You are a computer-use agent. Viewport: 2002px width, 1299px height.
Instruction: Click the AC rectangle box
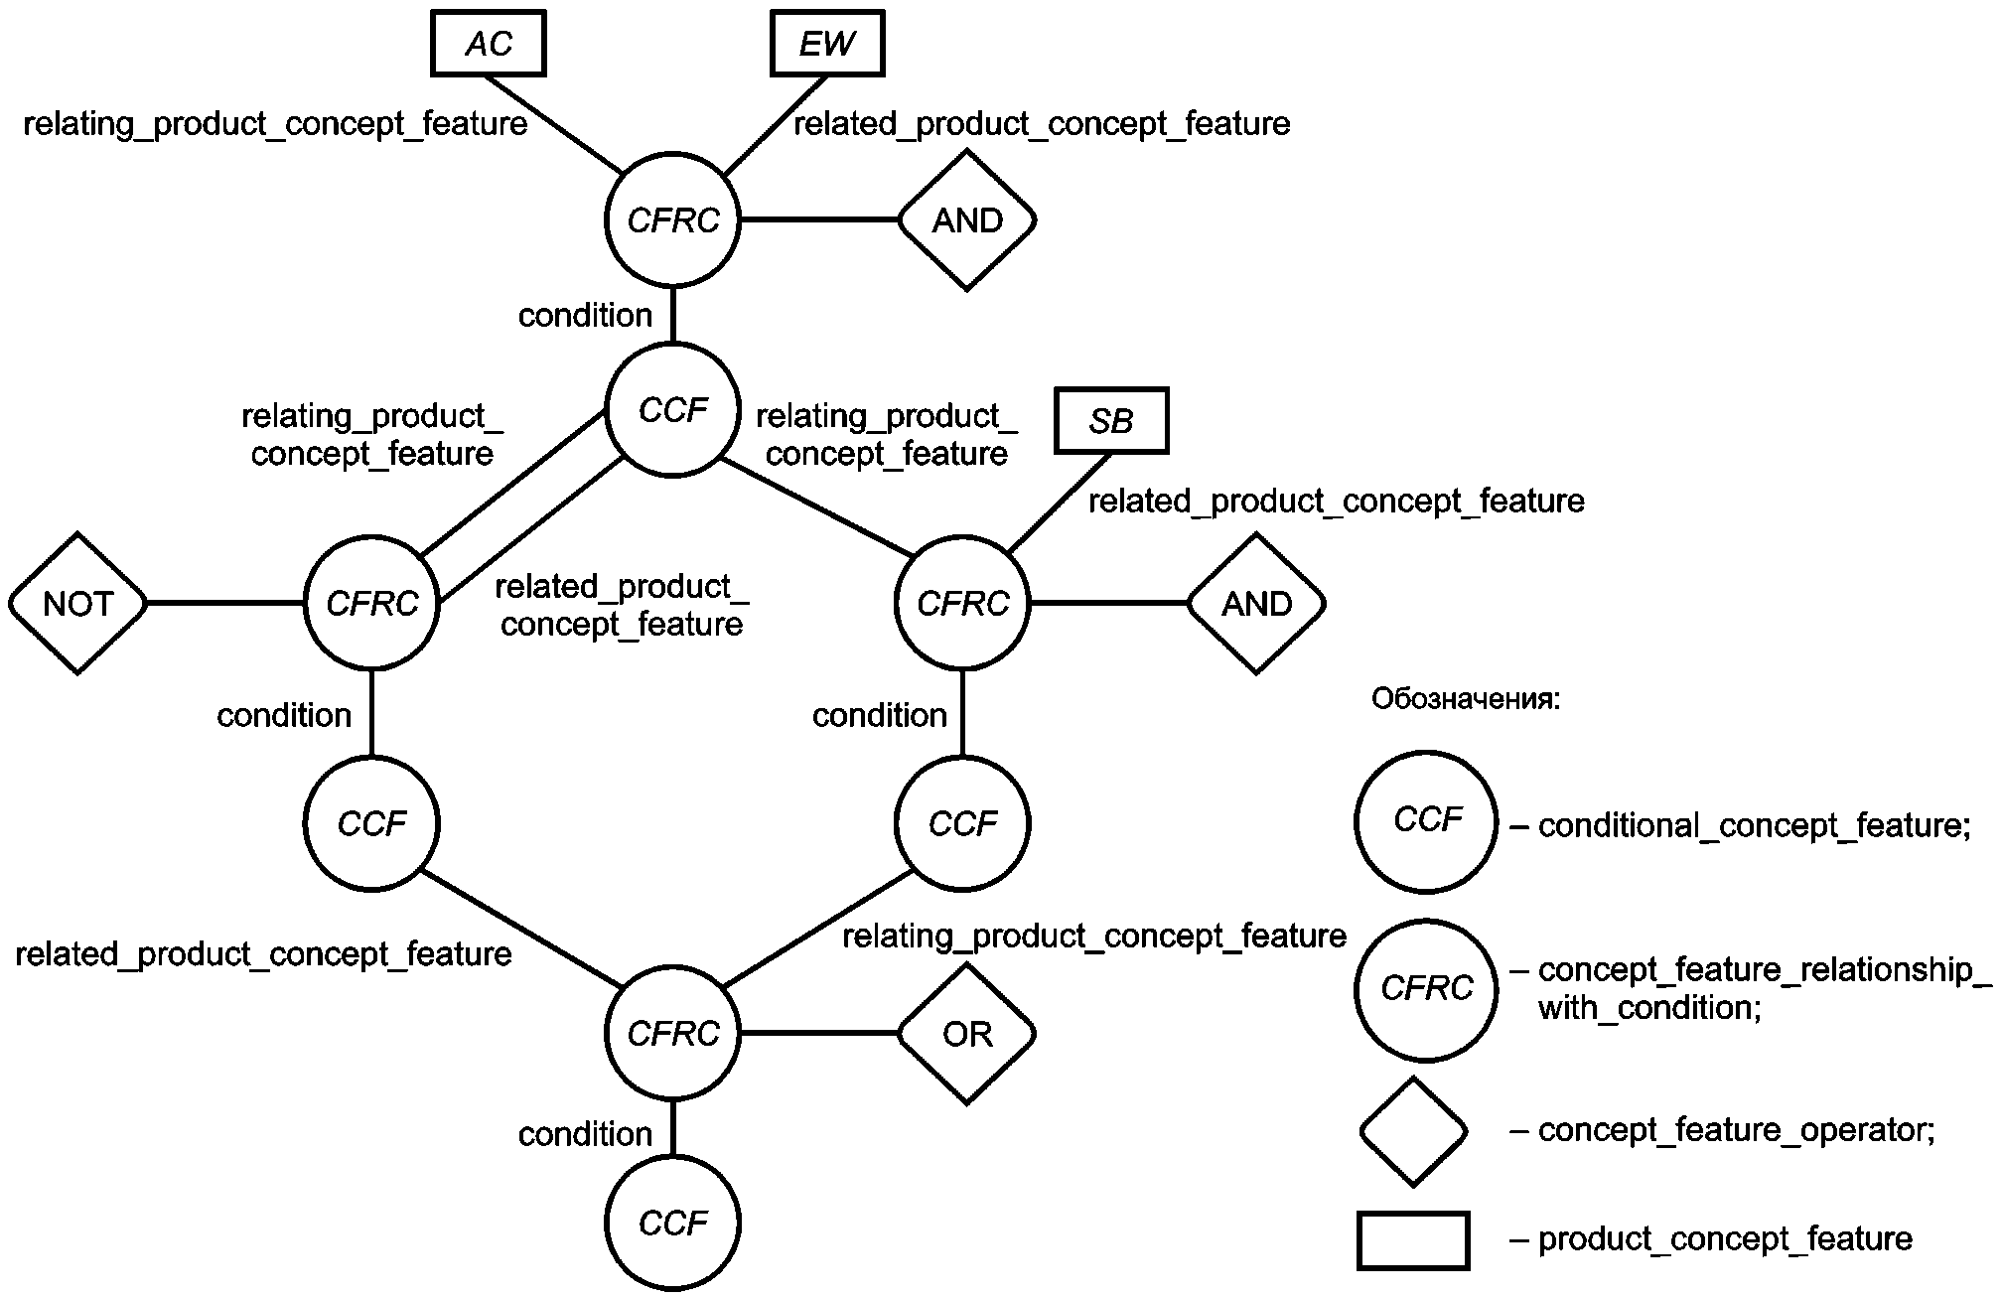pos(488,44)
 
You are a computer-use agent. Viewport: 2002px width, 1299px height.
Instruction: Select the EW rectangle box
pos(827,44)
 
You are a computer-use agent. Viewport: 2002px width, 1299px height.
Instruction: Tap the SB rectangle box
pos(1111,421)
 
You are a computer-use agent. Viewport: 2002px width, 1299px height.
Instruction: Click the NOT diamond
pos(77,604)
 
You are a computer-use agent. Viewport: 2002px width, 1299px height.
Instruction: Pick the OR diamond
pos(967,1034)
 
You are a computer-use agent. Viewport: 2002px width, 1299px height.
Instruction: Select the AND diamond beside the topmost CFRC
pos(967,219)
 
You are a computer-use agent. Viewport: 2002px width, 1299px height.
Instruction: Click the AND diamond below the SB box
pos(1256,604)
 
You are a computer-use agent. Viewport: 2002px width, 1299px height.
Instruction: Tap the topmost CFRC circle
pos(673,219)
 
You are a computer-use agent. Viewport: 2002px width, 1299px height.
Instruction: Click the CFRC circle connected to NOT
pos(371,604)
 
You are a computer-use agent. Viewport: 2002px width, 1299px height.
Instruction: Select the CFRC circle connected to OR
pos(673,1034)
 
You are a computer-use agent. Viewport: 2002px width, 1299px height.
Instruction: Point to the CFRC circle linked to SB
pos(962,604)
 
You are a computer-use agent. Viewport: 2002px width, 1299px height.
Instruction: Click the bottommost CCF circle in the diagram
pos(673,1223)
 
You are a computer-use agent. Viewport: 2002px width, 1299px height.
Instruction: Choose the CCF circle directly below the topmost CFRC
pos(673,410)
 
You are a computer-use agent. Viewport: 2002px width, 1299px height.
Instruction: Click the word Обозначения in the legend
pos(1466,699)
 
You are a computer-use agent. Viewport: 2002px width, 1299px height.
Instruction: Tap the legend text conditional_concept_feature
pos(1754,825)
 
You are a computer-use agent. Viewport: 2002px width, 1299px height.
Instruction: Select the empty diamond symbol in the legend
pos(1413,1131)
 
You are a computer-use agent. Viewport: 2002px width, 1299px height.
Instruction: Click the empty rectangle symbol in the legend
pos(1413,1240)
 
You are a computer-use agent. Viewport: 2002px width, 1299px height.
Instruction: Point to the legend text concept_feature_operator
pos(1736,1130)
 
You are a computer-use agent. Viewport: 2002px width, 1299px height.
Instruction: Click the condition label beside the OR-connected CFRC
pos(585,1134)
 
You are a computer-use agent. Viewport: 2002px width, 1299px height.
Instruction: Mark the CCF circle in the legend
pos(1426,821)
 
